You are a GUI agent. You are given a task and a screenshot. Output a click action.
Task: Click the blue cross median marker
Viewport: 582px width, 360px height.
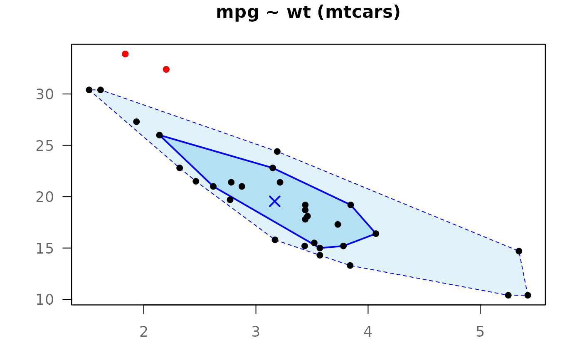(x=275, y=201)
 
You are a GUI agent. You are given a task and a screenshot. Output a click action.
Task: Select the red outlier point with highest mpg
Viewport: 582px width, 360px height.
(x=125, y=54)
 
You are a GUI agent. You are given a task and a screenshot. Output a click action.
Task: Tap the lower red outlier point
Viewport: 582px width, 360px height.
(x=166, y=69)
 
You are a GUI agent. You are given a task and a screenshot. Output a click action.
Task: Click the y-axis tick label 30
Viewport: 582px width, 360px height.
(x=45, y=94)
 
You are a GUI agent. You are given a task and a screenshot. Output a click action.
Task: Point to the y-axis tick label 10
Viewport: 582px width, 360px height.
(x=45, y=300)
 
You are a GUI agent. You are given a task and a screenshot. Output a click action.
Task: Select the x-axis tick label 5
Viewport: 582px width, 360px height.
(x=480, y=332)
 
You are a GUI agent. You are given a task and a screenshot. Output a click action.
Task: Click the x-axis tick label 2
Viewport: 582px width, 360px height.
(x=144, y=332)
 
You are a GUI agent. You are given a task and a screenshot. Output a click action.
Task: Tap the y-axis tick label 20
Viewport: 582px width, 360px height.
(x=45, y=197)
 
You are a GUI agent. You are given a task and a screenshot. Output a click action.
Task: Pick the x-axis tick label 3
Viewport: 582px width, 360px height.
(x=256, y=332)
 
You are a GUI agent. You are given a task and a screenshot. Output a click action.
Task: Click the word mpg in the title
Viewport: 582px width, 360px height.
(x=237, y=13)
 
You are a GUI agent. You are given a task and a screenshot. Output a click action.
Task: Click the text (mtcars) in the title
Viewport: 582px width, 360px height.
(x=359, y=12)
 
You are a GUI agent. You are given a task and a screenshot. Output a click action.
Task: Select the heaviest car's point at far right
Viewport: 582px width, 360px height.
(x=528, y=295)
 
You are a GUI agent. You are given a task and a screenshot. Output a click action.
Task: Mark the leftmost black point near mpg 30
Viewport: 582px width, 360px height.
(x=89, y=90)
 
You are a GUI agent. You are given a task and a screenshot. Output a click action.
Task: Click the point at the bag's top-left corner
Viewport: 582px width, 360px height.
(x=160, y=135)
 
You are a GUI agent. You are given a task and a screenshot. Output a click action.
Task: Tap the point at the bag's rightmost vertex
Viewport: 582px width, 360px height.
(x=376, y=234)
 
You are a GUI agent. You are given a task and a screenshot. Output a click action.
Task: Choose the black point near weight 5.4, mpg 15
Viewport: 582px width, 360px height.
(x=519, y=251)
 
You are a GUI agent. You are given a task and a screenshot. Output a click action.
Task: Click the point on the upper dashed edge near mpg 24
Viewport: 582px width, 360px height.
(x=277, y=151)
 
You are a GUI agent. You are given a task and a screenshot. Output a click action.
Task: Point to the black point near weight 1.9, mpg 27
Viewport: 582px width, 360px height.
(x=136, y=122)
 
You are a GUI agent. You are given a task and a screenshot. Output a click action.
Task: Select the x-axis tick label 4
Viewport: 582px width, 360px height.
(x=368, y=332)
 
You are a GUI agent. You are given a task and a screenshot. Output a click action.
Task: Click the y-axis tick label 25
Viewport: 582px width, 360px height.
(x=45, y=146)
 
